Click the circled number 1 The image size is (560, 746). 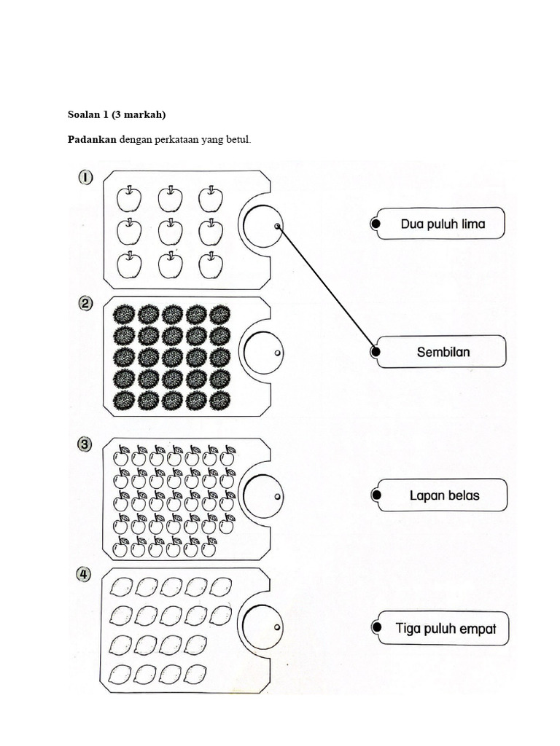(86, 177)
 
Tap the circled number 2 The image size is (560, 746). (86, 306)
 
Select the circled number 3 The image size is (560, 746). (86, 444)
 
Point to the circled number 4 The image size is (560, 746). (86, 575)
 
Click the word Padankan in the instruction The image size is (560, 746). (92, 140)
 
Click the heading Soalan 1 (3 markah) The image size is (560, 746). (117, 114)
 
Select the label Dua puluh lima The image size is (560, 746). (443, 224)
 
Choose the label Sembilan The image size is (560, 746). (443, 352)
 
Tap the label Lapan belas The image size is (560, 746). (444, 495)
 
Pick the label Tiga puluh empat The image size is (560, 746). (446, 627)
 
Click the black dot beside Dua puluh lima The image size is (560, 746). (376, 224)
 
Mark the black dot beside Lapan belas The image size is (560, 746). (376, 495)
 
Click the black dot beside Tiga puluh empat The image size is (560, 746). (376, 627)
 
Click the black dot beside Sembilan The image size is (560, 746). (376, 352)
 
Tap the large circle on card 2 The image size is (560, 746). (262, 353)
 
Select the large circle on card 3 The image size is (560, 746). (262, 495)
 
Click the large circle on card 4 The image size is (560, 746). (261, 627)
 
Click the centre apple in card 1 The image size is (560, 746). (171, 232)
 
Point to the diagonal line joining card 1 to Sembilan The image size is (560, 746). (326, 288)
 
